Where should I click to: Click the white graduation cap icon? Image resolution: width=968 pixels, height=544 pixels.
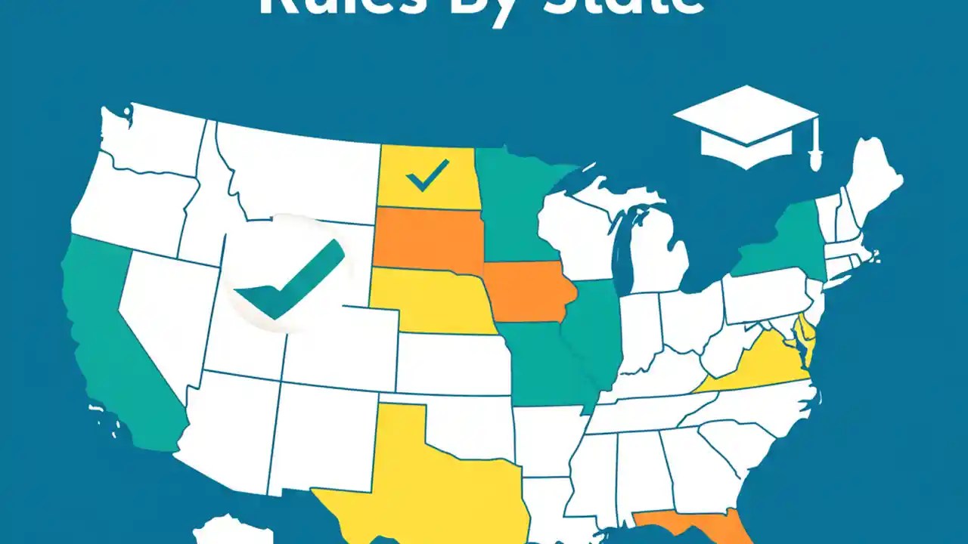point(745,125)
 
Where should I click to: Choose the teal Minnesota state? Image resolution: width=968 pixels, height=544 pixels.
point(514,204)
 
